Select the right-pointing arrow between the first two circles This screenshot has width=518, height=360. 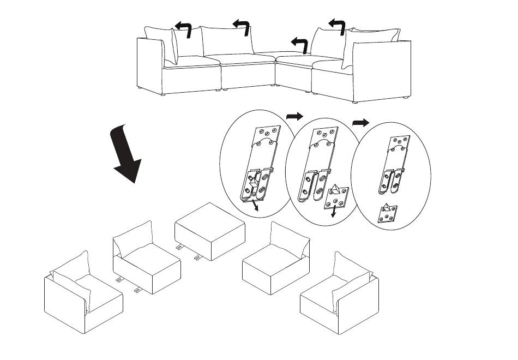pyautogui.click(x=294, y=116)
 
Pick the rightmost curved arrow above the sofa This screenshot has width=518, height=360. pyautogui.click(x=337, y=26)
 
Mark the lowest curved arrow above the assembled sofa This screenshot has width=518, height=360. pyautogui.click(x=299, y=44)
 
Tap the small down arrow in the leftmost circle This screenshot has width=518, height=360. pyautogui.click(x=255, y=208)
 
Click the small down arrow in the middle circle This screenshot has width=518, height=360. pyautogui.click(x=333, y=214)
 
